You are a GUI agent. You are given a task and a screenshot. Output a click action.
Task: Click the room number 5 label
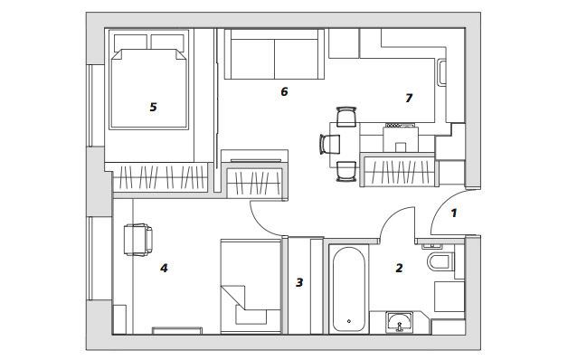pyautogui.click(x=153, y=107)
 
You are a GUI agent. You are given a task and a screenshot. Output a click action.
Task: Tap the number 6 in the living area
pyautogui.click(x=284, y=91)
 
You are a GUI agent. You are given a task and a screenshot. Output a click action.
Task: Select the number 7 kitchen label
pyautogui.click(x=409, y=98)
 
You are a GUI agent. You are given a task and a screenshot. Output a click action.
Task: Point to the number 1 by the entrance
pyautogui.click(x=454, y=213)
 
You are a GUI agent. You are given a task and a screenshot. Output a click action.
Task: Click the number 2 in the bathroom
pyautogui.click(x=399, y=268)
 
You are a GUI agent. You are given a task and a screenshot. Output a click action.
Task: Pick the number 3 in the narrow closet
pyautogui.click(x=299, y=282)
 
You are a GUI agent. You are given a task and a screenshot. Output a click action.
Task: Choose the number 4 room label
pyautogui.click(x=164, y=268)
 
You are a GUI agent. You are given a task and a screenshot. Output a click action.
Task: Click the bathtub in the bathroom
pyautogui.click(x=349, y=289)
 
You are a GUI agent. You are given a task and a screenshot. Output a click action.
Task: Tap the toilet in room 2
pyautogui.click(x=440, y=261)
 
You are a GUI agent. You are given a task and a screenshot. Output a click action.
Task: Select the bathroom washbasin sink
pyautogui.click(x=400, y=322)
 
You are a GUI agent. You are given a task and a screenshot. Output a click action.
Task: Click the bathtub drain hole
pyautogui.click(x=349, y=321)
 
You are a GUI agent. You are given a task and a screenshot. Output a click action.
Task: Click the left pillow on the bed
pyautogui.click(x=130, y=43)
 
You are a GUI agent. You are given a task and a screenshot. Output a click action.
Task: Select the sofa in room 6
pyautogui.click(x=275, y=54)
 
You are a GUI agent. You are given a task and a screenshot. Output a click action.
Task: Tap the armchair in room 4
pyautogui.click(x=138, y=240)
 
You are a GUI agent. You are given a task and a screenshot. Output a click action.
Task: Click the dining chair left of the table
pyautogui.click(x=330, y=144)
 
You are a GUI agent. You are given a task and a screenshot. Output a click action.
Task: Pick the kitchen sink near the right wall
pyautogui.click(x=442, y=72)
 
